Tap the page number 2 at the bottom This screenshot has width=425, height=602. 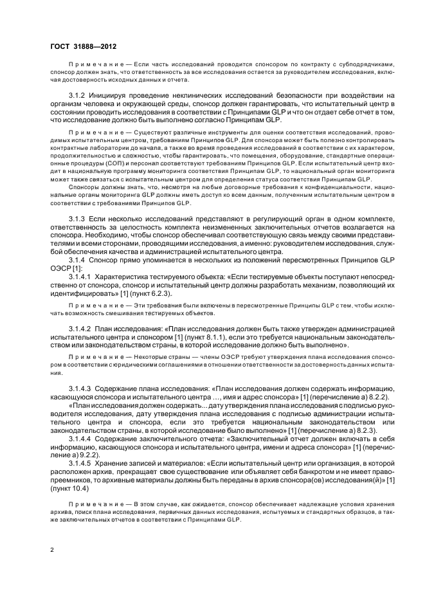click(51, 551)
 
